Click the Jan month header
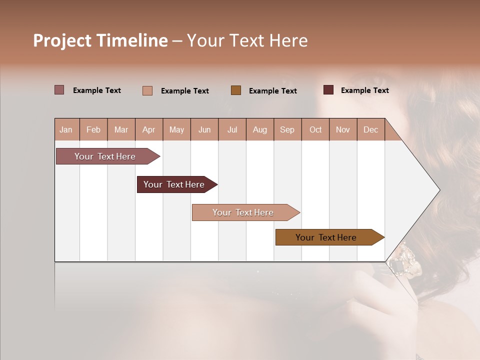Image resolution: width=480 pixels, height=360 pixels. pos(66,129)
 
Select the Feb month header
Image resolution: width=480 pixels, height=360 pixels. pos(93,129)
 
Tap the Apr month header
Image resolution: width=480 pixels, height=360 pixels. pos(148,129)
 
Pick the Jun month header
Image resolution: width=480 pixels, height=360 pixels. pos(204,129)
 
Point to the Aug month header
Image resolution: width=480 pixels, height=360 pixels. pos(259,129)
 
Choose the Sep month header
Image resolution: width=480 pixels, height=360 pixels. pos(287,129)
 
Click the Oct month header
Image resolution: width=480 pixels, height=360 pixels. pos(315,129)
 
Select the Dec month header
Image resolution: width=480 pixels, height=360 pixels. pos(370,129)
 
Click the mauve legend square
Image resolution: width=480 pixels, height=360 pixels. pos(59,90)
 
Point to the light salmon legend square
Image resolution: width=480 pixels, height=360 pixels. pos(147,90)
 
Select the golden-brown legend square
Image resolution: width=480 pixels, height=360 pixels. pos(236,90)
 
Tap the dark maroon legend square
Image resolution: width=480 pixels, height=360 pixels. pos(328,90)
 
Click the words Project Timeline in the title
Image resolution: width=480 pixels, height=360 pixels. pos(100,40)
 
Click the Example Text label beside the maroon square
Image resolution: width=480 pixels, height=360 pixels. pos(364,90)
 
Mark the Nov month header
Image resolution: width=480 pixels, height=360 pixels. pos(342,129)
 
